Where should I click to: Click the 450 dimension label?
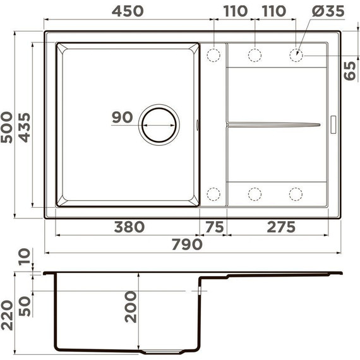click(x=128, y=11)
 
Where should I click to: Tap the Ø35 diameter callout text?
click(x=328, y=11)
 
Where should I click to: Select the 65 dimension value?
click(x=350, y=71)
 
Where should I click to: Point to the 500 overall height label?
click(x=6, y=128)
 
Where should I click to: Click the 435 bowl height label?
click(x=24, y=128)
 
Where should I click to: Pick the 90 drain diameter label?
click(x=123, y=117)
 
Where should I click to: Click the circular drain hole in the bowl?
click(x=159, y=125)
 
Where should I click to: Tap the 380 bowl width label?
click(x=129, y=227)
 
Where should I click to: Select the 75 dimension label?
click(x=215, y=227)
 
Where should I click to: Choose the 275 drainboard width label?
click(x=281, y=227)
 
